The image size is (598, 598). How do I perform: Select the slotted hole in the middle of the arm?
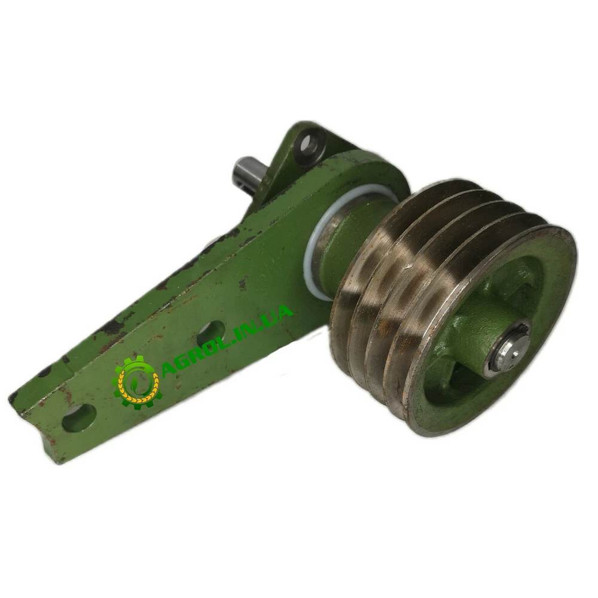pos(211,332)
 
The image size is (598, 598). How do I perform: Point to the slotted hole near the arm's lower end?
pos(78,418)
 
